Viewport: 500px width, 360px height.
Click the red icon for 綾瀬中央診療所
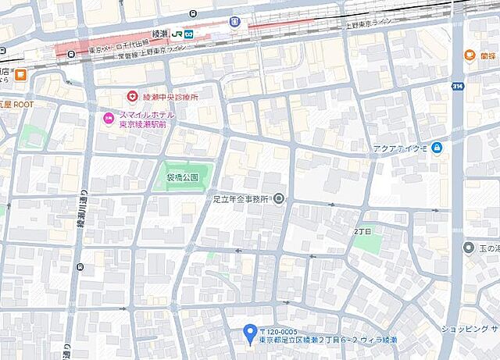pos(133,97)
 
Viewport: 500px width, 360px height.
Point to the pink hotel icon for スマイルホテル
pos(109,118)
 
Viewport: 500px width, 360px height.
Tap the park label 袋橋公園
pos(182,178)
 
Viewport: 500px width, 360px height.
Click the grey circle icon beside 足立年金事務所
pos(279,199)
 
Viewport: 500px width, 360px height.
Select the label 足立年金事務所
pos(241,199)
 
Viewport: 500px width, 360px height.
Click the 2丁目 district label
pos(362,232)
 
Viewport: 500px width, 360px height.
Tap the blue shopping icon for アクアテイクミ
pos(437,148)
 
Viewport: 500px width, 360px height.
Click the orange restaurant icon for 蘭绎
pos(470,55)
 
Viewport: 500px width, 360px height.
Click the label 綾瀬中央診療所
pos(170,97)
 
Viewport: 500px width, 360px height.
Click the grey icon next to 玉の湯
pos(468,248)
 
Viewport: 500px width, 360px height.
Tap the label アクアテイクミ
pos(401,148)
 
